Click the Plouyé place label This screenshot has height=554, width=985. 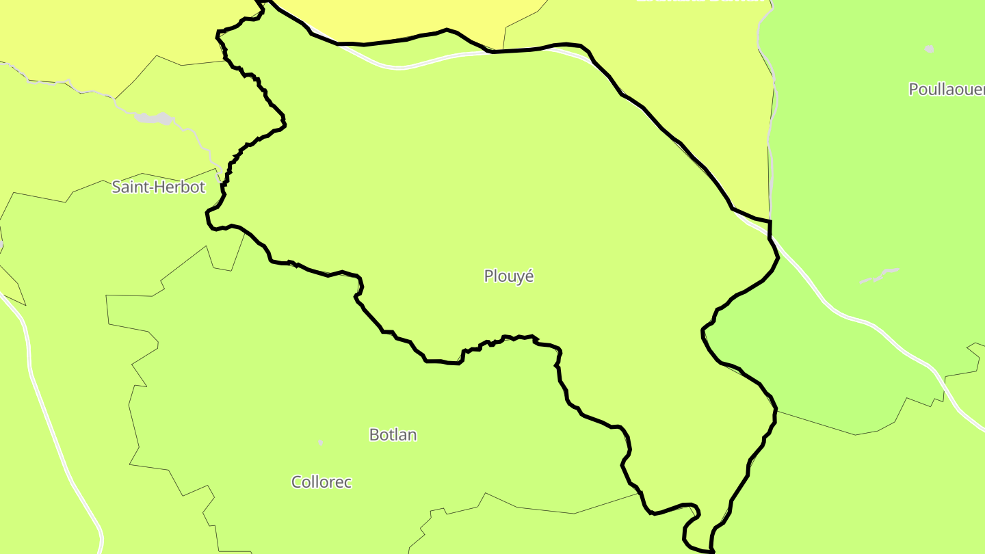508,276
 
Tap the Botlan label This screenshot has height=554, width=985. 393,435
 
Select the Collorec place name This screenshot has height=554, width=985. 321,482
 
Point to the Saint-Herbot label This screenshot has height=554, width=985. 158,187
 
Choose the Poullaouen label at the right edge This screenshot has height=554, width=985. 947,90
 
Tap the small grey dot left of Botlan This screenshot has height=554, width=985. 320,443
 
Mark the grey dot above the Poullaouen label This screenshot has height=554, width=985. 929,49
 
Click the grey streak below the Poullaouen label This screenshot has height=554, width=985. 879,276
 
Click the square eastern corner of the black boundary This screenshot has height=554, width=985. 770,222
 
